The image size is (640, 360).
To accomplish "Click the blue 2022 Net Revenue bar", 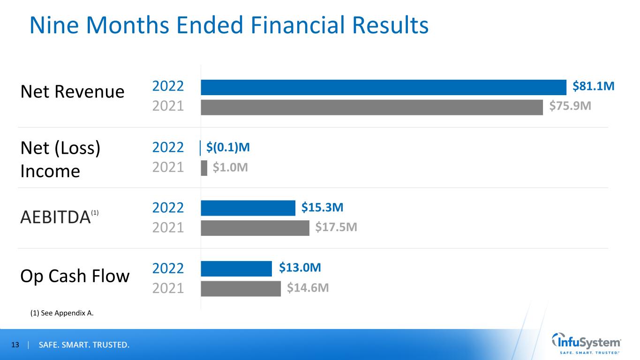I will tap(384, 87).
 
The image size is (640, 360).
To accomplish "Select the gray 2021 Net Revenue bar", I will tap(372, 107).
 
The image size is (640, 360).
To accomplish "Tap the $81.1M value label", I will tap(593, 86).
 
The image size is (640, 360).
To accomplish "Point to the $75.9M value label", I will tap(570, 107).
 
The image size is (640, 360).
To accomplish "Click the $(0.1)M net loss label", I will tap(228, 147).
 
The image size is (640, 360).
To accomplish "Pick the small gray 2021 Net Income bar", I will tap(204, 168).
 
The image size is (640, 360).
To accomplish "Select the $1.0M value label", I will tap(230, 168).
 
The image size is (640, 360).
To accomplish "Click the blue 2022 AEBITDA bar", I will tap(248, 208).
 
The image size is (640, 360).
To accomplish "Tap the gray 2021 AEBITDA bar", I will tap(255, 228).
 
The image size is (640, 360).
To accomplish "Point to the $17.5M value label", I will tap(336, 228).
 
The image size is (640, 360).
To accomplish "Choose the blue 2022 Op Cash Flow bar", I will tap(236, 269).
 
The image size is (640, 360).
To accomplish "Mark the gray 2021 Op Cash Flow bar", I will tap(241, 289).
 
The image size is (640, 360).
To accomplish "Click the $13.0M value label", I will tap(300, 268).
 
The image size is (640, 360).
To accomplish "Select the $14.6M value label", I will tap(308, 288).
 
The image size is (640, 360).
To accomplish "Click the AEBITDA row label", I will tap(55, 217).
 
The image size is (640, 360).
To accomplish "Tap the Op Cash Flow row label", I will tap(75, 276).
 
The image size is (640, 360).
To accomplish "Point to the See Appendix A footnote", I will tap(62, 314).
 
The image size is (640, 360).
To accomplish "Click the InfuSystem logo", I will tap(587, 344).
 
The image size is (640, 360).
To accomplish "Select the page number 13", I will tap(15, 345).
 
